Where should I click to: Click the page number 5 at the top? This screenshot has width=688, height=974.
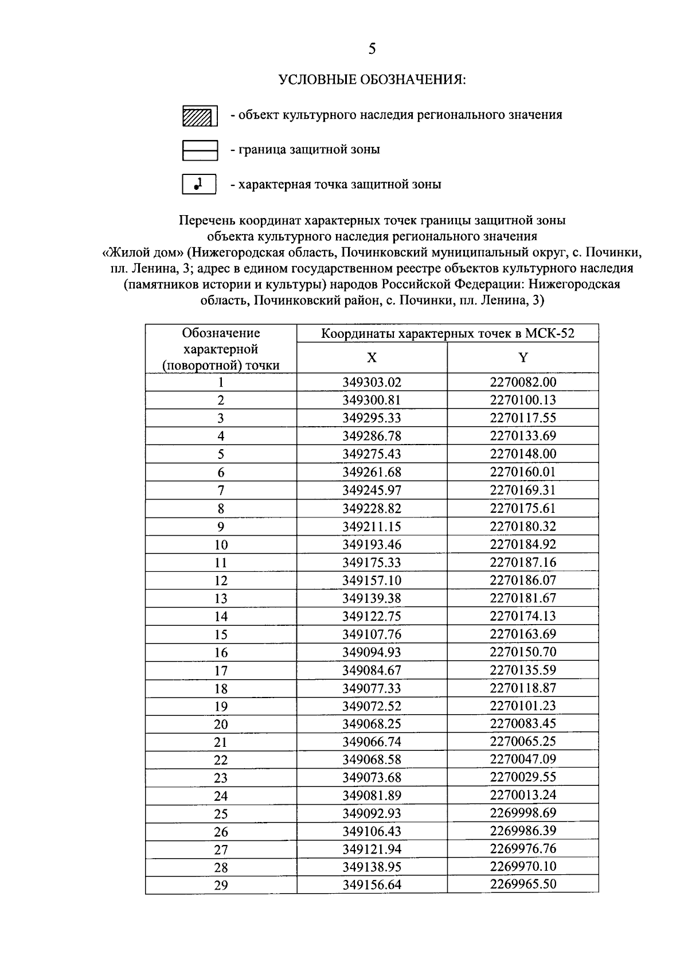pos(372,50)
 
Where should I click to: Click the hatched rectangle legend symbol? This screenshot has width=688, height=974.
pos(199,116)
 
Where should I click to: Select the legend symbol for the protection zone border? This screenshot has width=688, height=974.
pos(199,150)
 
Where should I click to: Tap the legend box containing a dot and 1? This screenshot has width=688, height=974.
pos(199,185)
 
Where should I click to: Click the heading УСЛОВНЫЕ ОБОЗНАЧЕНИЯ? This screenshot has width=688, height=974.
pos(372,80)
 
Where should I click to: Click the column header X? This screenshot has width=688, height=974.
pos(372,358)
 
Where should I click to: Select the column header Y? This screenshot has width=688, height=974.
pos(523,358)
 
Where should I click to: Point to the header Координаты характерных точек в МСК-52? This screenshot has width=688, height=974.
pos(447,334)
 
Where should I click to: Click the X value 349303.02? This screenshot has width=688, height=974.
pos(372,383)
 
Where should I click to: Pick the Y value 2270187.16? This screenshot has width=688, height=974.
pos(523,562)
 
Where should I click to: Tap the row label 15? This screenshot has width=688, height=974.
pos(221,634)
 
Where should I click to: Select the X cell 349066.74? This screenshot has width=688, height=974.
pos(372,742)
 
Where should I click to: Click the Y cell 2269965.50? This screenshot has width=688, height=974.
pos(523,884)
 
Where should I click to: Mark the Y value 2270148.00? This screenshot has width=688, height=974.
pos(523,454)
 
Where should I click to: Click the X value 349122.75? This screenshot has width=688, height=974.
pos(372,617)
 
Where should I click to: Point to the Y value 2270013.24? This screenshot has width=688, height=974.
pos(523,795)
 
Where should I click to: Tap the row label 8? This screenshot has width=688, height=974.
pos(221,509)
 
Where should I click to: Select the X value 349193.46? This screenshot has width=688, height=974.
pos(372,544)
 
